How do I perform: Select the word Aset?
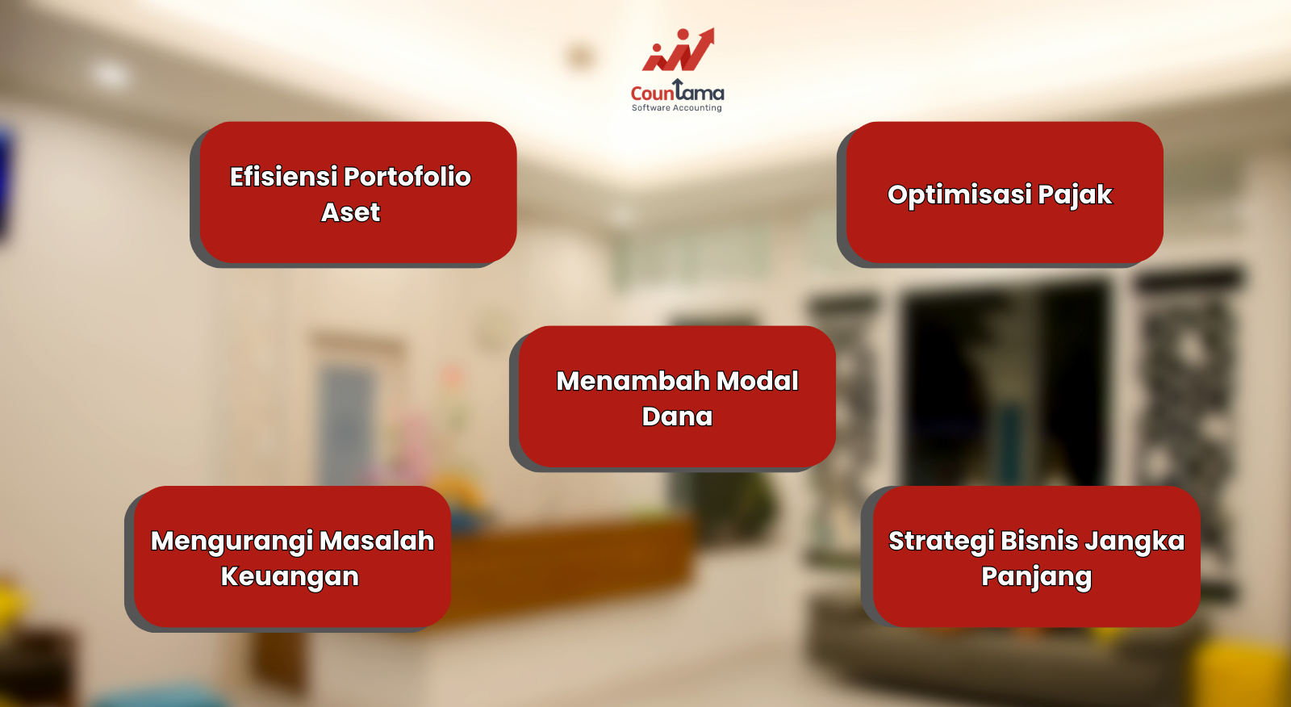click(350, 212)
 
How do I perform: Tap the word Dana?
click(677, 417)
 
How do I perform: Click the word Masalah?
click(377, 541)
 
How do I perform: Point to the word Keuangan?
click(290, 577)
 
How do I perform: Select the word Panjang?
click(1036, 577)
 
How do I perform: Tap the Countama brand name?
click(677, 91)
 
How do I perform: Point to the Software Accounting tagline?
click(677, 108)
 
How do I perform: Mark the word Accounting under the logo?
click(697, 108)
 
